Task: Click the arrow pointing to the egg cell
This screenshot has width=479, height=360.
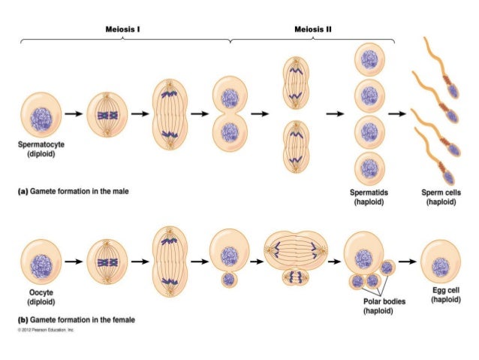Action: [x=406, y=261]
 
